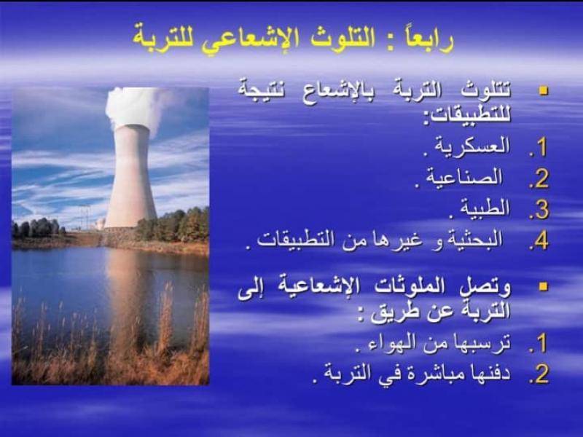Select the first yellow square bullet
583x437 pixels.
click(544, 90)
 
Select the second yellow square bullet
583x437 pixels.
click(544, 286)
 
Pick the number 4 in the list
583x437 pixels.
click(541, 242)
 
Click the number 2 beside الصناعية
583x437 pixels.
click(541, 179)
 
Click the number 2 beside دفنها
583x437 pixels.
click(541, 374)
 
